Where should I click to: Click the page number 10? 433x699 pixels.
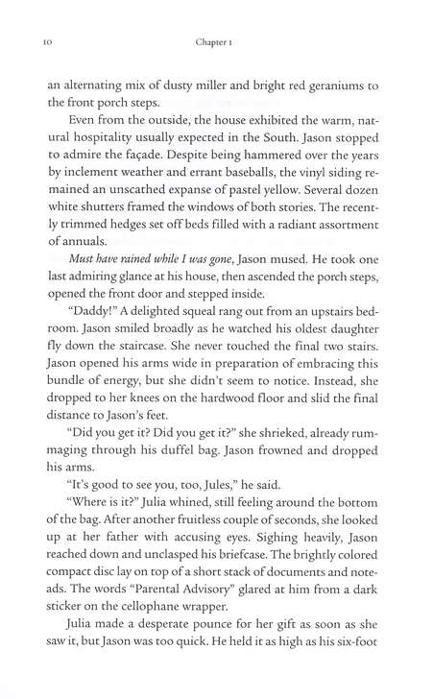coord(35,42)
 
